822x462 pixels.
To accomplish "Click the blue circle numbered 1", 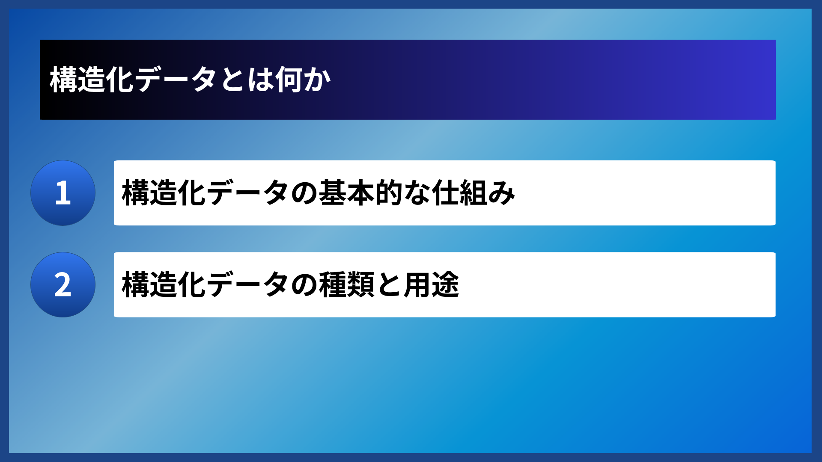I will point(63,193).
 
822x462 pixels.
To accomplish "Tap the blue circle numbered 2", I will point(63,285).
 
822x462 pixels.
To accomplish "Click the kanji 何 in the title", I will point(288,80).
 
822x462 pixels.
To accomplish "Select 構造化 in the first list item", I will point(164,193).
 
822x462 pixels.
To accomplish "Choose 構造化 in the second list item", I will point(164,285).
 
